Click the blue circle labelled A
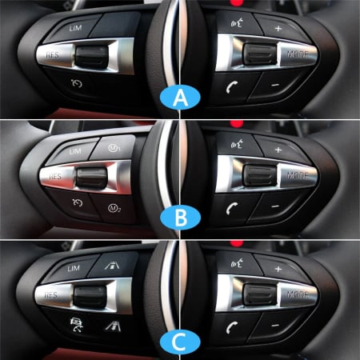[x=180, y=98]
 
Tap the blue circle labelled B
[x=180, y=218]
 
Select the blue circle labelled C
[x=180, y=342]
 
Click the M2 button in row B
[x=114, y=208]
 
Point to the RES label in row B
[x=55, y=177]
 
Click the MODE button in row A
[x=298, y=55]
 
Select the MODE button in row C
[x=298, y=295]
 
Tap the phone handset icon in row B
[x=231, y=208]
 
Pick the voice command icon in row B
[x=237, y=145]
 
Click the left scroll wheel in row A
[x=91, y=56]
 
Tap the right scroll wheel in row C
[x=259, y=295]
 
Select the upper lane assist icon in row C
[x=112, y=265]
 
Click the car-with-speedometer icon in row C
[x=77, y=325]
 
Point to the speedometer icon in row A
[x=77, y=83]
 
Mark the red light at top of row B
[x=237, y=124]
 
